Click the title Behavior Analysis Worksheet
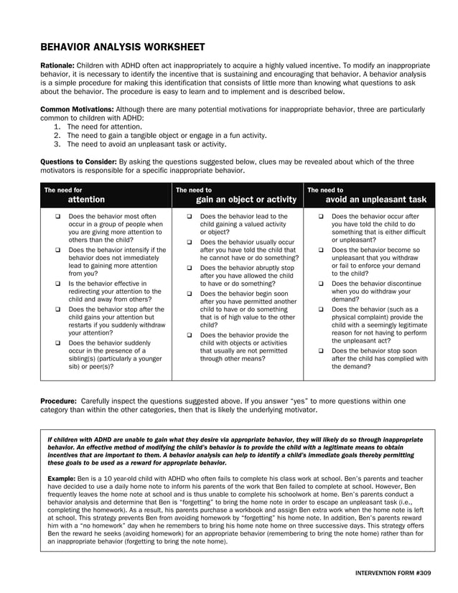122,47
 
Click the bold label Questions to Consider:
78,162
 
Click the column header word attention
86,200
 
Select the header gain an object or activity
246,200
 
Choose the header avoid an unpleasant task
375,200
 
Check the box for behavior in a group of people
57,216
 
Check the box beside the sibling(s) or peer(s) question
57,343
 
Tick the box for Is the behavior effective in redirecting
57,284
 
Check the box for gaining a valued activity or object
189,216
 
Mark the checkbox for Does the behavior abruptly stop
189,268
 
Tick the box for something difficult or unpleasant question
321,216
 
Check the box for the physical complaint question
321,309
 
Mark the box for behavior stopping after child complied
321,351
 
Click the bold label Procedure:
59,401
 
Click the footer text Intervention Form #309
393,576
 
